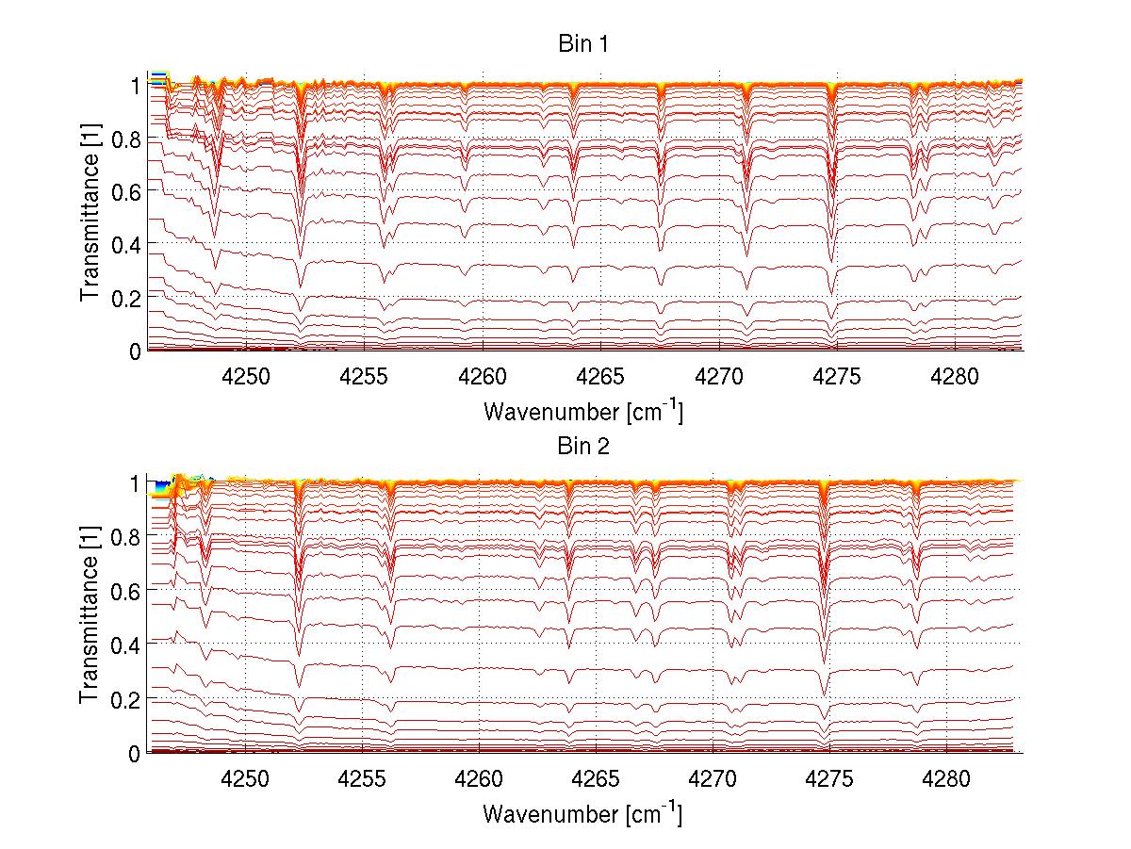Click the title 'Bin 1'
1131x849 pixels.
point(582,45)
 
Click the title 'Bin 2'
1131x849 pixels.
point(582,447)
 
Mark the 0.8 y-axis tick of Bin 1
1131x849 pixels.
point(127,138)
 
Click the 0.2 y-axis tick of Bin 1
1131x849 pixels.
point(127,297)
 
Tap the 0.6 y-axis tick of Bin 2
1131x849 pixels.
point(127,591)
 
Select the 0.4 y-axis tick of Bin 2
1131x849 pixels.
point(127,645)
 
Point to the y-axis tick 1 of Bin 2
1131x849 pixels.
point(135,482)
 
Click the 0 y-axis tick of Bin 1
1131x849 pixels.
point(135,351)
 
